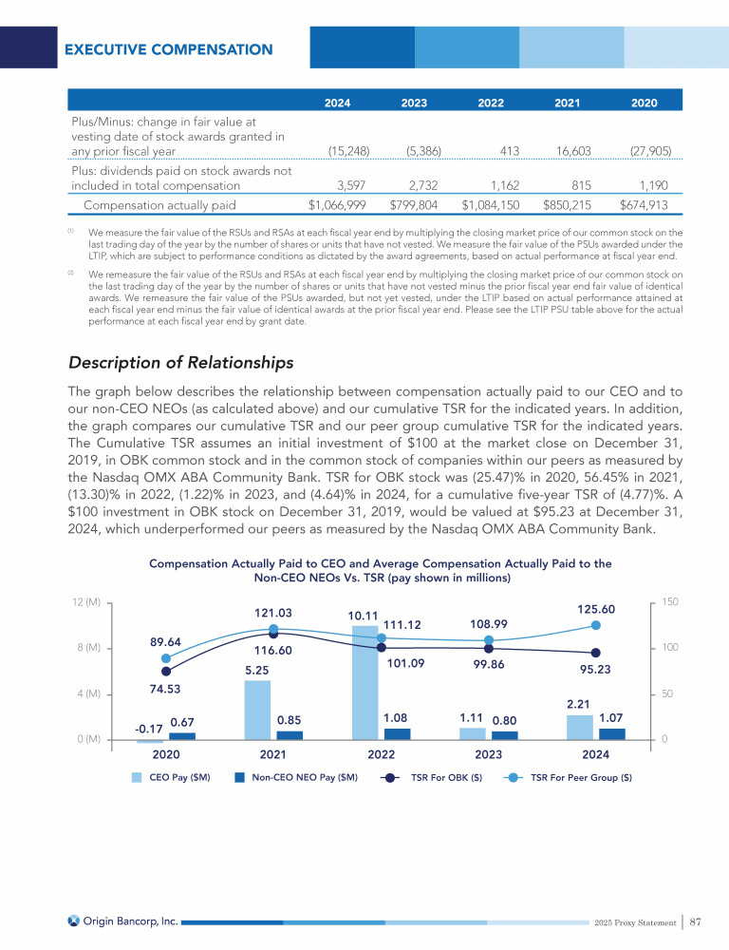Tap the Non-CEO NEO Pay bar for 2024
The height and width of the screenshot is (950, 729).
tap(612, 733)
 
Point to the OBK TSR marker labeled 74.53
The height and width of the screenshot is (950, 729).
tap(166, 672)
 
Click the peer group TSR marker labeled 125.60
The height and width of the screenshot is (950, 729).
tap(596, 624)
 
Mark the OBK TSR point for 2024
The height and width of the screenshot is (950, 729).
tap(596, 653)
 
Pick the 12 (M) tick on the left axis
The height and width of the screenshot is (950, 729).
tap(86, 602)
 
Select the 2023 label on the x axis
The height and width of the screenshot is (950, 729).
tap(488, 754)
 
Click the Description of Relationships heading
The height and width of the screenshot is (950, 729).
tap(180, 363)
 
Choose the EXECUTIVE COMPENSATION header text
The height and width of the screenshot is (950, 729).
tap(168, 49)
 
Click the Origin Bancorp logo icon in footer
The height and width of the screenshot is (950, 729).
tap(74, 920)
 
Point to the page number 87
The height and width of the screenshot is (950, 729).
tap(696, 920)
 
